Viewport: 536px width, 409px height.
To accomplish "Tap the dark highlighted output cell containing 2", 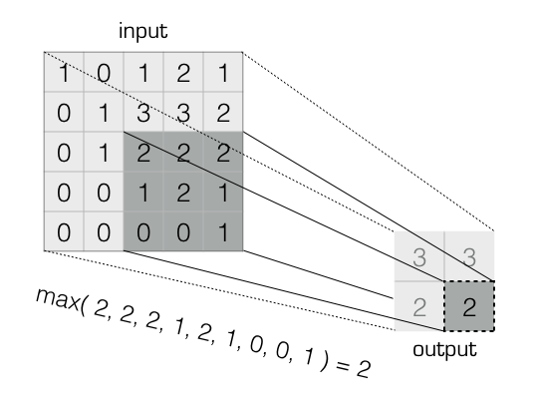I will coord(469,306).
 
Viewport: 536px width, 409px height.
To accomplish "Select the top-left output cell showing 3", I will coord(419,257).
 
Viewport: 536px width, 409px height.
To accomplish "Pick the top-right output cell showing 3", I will coord(469,257).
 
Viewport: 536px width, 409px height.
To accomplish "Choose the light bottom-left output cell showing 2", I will coord(419,306).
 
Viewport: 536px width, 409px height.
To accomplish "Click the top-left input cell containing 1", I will coord(63,72).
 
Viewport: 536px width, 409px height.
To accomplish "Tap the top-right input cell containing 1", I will coord(223,72).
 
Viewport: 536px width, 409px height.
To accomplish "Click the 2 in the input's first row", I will coord(183,72).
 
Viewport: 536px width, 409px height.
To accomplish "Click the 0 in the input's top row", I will coord(103,72).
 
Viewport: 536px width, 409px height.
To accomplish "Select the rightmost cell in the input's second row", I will coord(223,112).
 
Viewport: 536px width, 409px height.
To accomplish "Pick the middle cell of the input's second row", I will coord(143,112).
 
